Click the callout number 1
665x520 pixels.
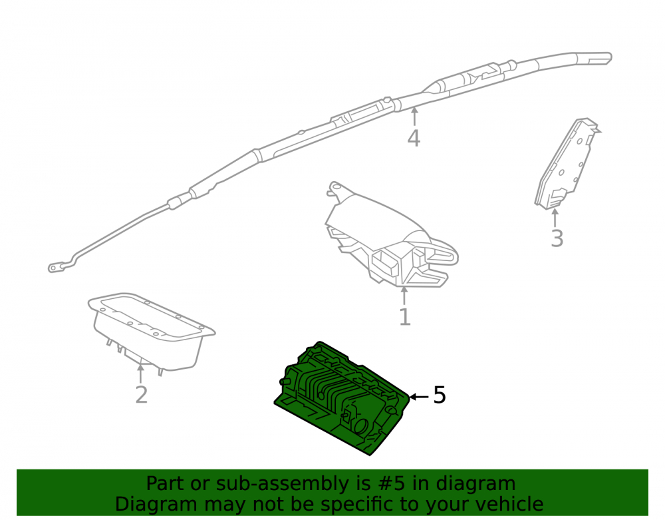tap(405, 317)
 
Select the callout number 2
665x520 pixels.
tap(141, 395)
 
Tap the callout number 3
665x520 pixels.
tap(557, 238)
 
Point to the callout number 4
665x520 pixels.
tap(414, 138)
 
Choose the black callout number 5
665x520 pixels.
tap(440, 395)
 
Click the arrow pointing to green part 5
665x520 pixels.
tap(420, 397)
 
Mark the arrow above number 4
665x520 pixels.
tap(414, 117)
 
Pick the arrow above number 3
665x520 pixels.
tap(555, 217)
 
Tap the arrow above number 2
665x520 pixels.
tap(140, 374)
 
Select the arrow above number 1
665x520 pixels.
tap(404, 296)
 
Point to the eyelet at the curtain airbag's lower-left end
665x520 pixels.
tap(54, 268)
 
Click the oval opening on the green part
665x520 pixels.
tap(361, 425)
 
